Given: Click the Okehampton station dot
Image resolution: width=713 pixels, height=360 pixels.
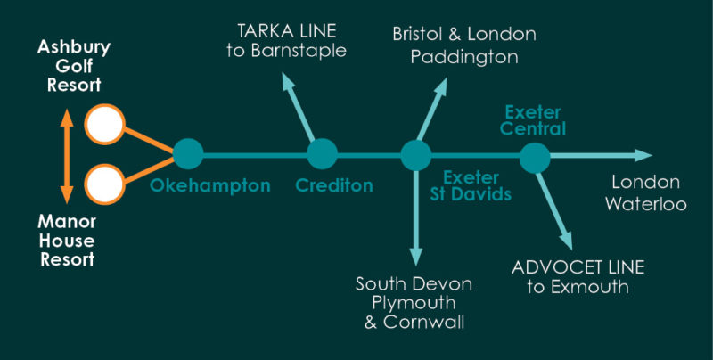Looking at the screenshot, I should click(x=187, y=155).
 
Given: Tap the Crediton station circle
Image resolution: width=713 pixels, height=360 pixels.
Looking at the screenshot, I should click(x=322, y=155).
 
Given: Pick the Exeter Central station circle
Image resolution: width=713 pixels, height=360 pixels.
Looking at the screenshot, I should click(x=535, y=158).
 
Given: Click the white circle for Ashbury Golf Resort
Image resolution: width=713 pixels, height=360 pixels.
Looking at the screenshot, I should click(x=104, y=125).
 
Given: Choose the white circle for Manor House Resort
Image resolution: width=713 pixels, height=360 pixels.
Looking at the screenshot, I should click(x=104, y=186).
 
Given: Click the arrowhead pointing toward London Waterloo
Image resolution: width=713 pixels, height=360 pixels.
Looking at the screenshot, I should click(x=643, y=156).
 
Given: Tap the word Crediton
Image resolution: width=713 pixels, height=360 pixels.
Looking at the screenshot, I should click(x=334, y=186).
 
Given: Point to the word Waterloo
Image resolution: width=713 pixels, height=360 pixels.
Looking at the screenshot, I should click(x=646, y=203).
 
